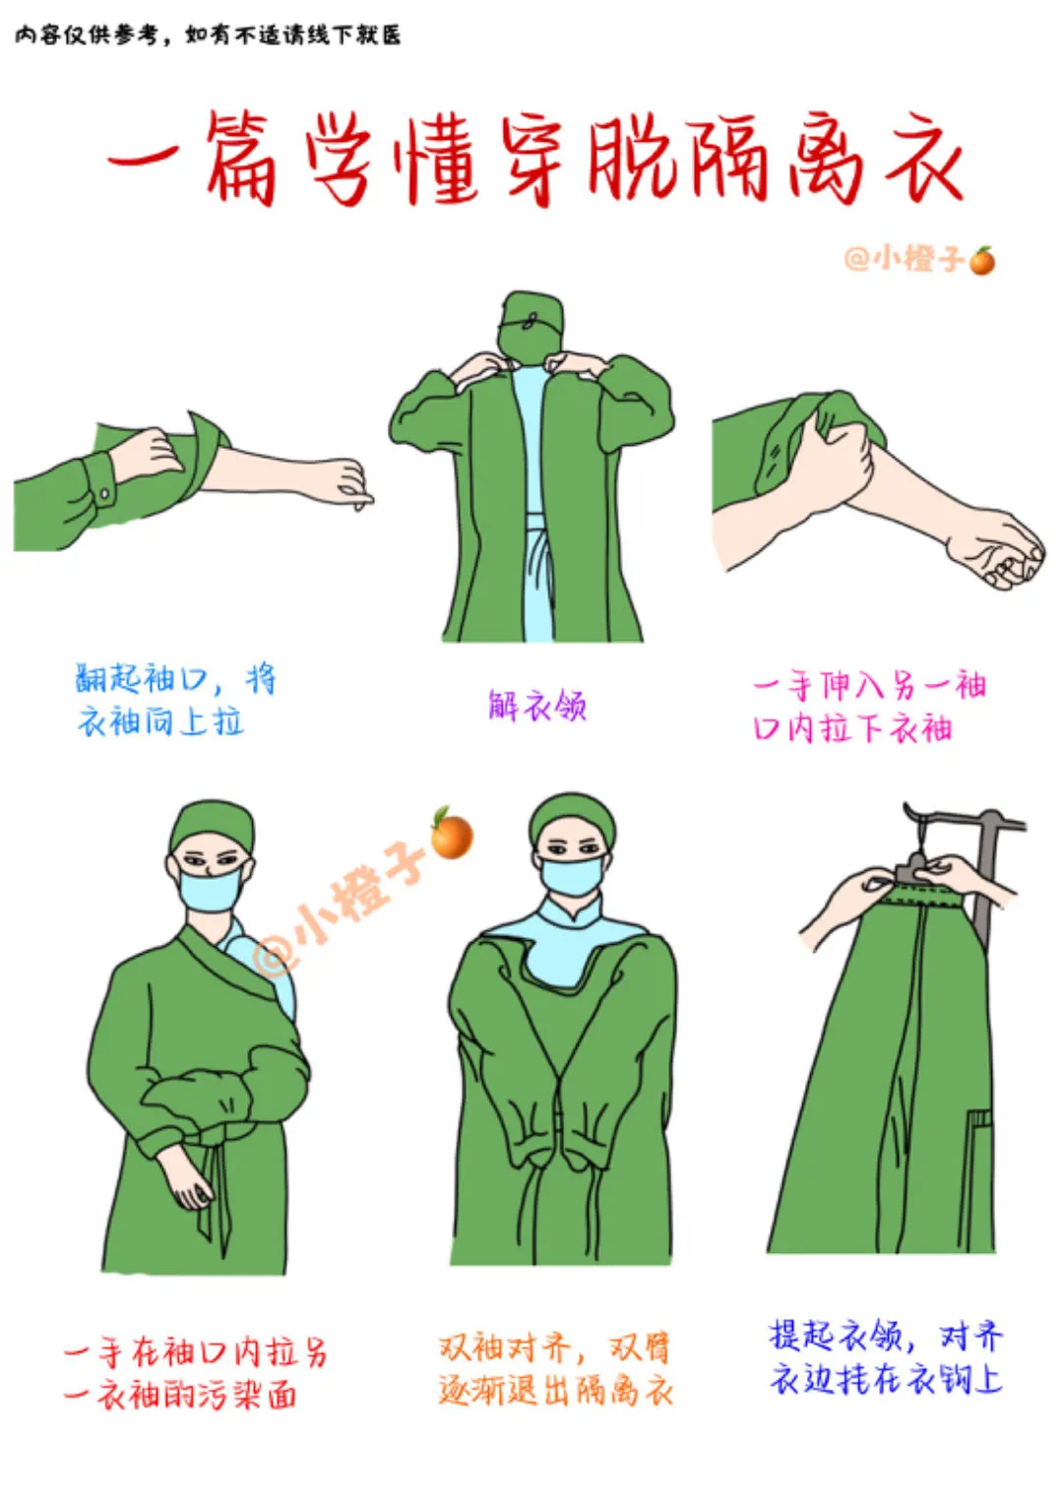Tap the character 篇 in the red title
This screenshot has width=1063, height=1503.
click(241, 158)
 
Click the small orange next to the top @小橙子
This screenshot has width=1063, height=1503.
click(982, 260)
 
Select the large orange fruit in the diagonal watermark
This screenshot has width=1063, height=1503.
click(451, 834)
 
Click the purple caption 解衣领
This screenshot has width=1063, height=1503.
click(536, 706)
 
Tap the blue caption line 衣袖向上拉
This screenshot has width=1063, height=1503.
click(159, 722)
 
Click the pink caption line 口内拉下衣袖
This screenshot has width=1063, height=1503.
click(852, 728)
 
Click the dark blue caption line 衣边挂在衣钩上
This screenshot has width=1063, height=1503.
click(886, 1379)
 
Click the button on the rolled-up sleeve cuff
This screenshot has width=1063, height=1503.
click(104, 494)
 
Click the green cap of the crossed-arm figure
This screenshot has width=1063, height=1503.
click(212, 827)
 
